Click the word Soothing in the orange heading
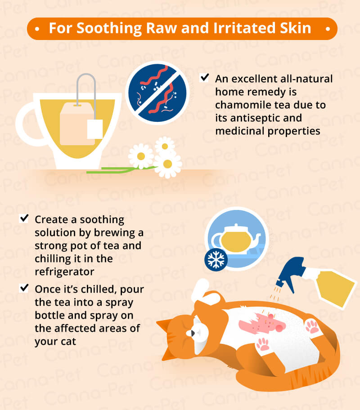[109, 28]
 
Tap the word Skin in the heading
[295, 28]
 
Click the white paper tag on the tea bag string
[94, 129]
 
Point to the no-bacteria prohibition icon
[157, 93]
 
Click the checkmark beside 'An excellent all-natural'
[204, 78]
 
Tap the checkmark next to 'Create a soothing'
[24, 218]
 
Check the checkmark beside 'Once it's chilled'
[24, 288]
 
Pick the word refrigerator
[64, 272]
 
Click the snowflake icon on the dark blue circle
[216, 260]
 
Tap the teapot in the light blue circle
[236, 238]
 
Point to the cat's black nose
[193, 333]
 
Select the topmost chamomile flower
[165, 146]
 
